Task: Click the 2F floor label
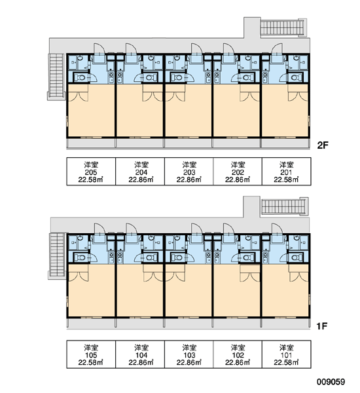coord(323,145)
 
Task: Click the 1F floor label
coord(322,326)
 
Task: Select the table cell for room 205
coord(91,172)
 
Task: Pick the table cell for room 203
coord(189,172)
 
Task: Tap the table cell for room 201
coord(287,172)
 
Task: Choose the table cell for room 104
coord(140,354)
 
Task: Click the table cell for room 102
coord(238,354)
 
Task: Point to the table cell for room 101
coord(287,354)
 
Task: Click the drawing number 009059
coord(331,382)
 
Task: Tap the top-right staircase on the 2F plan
coord(283,28)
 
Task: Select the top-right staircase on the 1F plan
coord(284,206)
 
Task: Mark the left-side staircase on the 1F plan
coord(58,256)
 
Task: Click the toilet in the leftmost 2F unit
coord(81,77)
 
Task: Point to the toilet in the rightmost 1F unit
coord(296,257)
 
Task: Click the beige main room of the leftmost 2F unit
coord(91,111)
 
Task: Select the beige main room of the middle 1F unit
coord(189,291)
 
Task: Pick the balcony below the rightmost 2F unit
coord(285,143)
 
